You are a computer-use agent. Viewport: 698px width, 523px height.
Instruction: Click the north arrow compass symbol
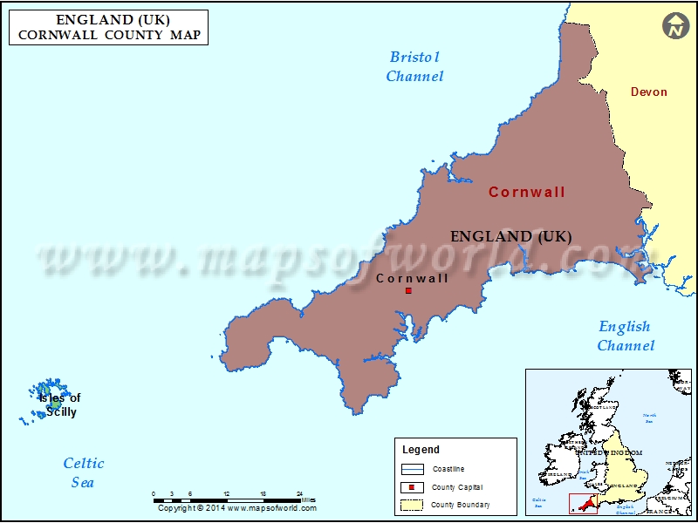tap(674, 25)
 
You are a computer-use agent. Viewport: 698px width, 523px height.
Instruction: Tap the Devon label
tap(648, 92)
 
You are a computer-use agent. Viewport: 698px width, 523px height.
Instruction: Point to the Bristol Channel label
tap(414, 66)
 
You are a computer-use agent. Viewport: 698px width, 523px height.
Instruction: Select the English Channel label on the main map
tap(625, 336)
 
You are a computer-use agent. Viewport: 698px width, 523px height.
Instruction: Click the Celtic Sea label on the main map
tap(83, 472)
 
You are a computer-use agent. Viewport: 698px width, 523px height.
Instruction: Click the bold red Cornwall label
tap(526, 192)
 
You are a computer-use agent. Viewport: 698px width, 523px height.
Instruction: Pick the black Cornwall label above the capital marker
tap(412, 278)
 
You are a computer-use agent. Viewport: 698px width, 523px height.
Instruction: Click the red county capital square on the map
tap(408, 290)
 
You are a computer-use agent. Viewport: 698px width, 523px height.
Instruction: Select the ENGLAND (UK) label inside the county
tap(510, 236)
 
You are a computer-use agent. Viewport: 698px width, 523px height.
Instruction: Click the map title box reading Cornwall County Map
tap(109, 27)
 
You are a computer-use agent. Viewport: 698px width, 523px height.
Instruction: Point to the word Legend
tap(421, 450)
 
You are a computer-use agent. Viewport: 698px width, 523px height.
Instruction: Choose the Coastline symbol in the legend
tap(410, 469)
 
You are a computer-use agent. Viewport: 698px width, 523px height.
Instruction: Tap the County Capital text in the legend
tap(456, 487)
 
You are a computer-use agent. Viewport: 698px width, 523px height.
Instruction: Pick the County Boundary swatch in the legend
tap(410, 505)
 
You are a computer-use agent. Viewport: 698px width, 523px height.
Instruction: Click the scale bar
tap(226, 499)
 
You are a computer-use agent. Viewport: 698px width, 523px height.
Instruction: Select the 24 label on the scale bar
tap(299, 493)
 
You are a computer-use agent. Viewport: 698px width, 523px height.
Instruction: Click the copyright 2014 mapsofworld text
tap(237, 508)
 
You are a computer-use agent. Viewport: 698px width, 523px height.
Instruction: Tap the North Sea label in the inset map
tap(650, 418)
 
